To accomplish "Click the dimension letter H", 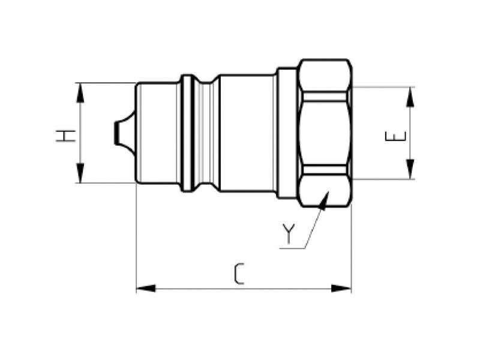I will [66, 135].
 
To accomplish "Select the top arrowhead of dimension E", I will [410, 94].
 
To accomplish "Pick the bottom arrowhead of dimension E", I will [410, 172].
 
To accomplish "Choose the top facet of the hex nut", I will [325, 75].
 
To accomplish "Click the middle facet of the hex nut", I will [325, 133].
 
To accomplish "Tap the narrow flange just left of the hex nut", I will [286, 133].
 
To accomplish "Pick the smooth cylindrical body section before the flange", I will [248, 133].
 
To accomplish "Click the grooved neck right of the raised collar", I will [207, 133].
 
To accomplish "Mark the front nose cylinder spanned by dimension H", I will [157, 133].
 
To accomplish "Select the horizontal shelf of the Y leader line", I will [293, 247].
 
